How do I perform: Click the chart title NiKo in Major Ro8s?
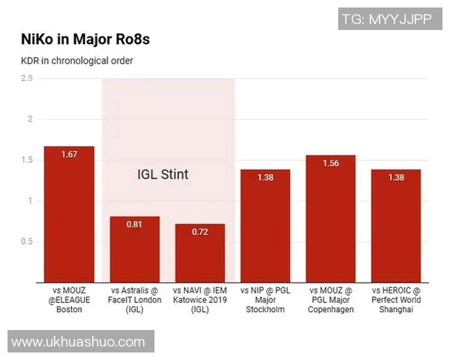90,39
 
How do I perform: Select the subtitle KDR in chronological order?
77,60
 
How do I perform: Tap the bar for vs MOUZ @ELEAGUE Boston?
69,214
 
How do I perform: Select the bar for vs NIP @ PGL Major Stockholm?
265,225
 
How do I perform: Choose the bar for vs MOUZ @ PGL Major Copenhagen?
331,217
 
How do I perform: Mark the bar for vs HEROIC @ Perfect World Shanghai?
396,225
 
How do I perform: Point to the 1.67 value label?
69,154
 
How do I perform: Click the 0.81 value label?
135,224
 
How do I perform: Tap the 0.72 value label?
200,232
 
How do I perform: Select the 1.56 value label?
331,163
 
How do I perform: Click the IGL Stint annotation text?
163,175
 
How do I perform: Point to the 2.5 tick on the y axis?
27,78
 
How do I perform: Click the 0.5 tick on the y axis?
27,241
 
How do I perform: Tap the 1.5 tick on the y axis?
27,160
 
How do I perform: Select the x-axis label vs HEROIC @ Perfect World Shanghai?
396,299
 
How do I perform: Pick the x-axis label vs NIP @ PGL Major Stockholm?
265,299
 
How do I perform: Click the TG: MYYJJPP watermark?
386,19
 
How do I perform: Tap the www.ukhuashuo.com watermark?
82,341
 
